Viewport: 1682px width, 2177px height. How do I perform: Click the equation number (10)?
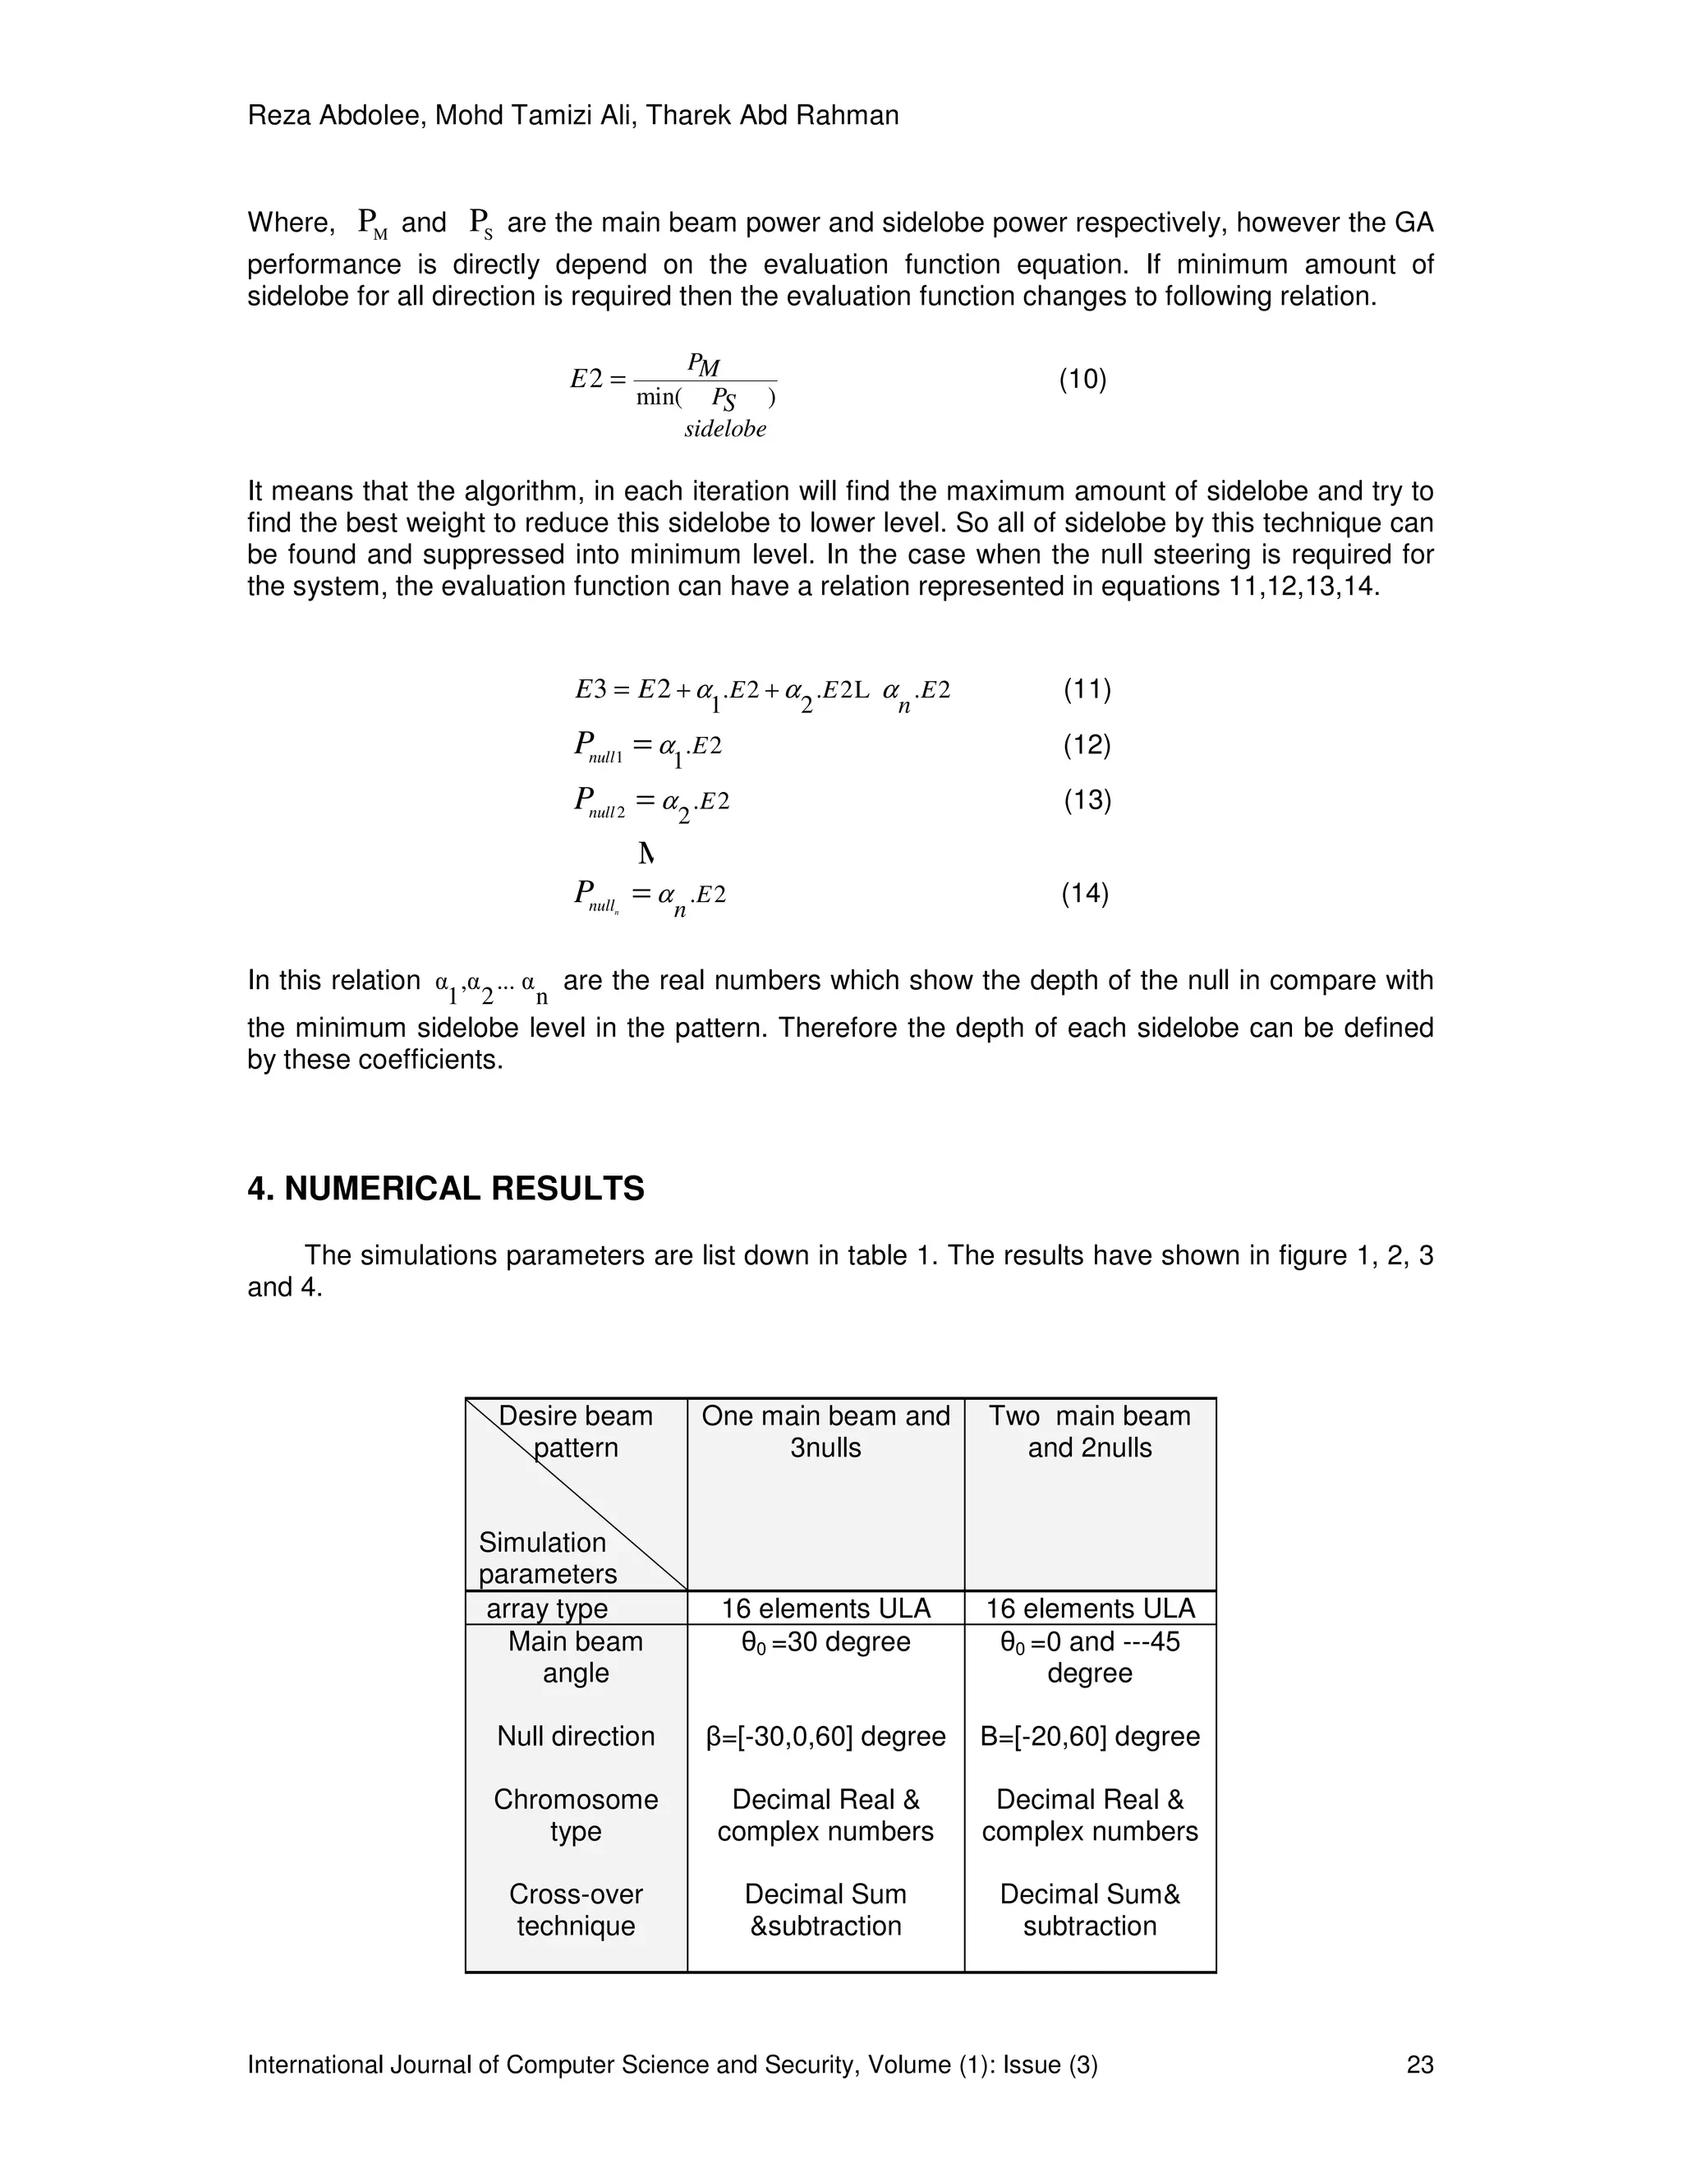click(1082, 379)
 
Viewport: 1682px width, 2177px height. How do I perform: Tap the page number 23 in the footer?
click(1419, 2064)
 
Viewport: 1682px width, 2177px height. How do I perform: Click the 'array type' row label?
click(546, 1608)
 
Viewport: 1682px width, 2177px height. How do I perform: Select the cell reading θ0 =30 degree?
click(825, 1641)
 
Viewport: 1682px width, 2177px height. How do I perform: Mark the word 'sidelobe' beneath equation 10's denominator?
click(724, 430)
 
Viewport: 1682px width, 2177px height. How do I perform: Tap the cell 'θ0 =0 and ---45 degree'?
click(1089, 1657)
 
